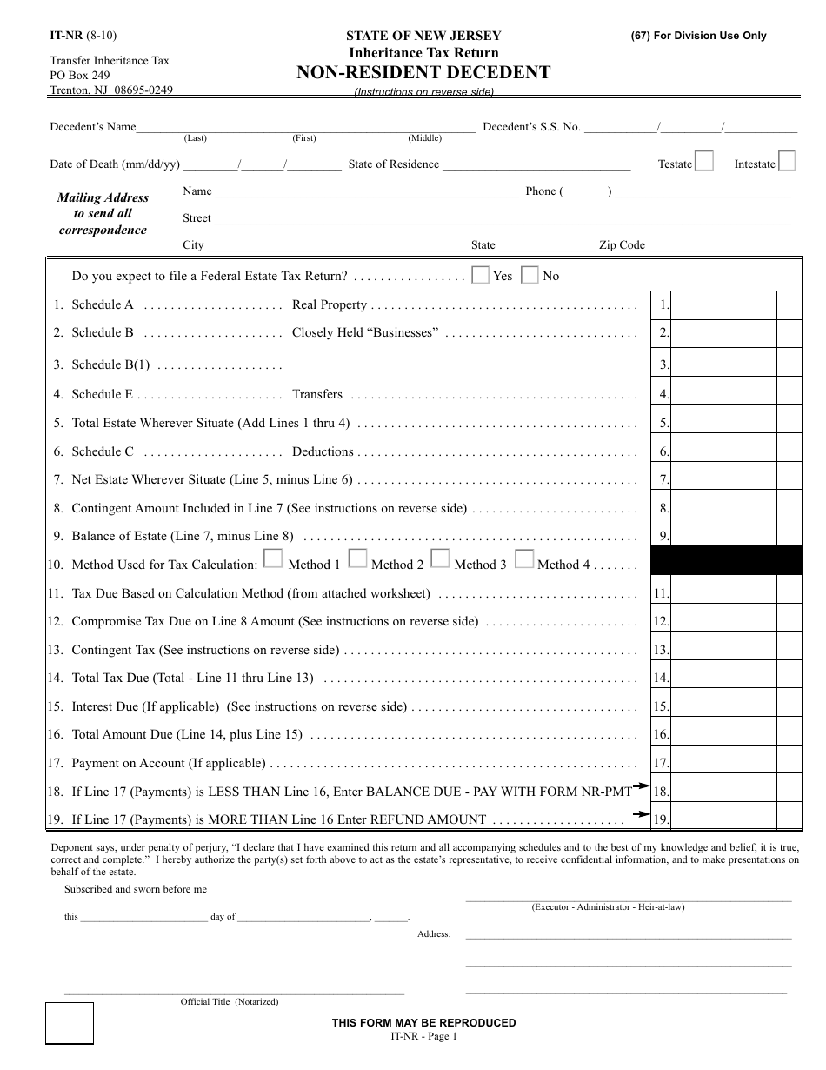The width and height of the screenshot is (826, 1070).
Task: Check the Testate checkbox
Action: tap(704, 161)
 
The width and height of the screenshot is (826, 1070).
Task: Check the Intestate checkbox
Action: tap(786, 161)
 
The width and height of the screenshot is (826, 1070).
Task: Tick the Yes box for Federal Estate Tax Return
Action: tap(480, 275)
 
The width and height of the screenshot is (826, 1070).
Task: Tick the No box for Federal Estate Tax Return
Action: tap(530, 275)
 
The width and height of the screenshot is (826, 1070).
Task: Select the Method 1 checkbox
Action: tap(273, 558)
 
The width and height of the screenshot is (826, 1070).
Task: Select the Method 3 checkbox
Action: tap(440, 558)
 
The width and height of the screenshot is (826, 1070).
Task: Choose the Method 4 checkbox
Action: tap(523, 558)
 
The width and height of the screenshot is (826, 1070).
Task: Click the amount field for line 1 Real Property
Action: tap(723, 305)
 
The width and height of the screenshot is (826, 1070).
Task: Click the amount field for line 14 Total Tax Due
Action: tap(723, 678)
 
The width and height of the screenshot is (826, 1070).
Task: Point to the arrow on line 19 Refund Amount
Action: tap(642, 814)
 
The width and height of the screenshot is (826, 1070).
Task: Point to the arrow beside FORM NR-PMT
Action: tap(642, 786)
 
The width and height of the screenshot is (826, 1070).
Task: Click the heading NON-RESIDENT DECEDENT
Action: tap(423, 72)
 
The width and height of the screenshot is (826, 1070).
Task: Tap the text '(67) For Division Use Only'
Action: tap(698, 36)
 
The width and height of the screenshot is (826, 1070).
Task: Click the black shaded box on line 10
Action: tap(726, 561)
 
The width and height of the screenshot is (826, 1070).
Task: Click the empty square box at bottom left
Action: tap(70, 1023)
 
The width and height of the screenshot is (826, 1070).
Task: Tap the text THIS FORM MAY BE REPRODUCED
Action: tap(423, 1023)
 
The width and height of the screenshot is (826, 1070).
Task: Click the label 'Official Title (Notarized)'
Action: tap(230, 1002)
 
